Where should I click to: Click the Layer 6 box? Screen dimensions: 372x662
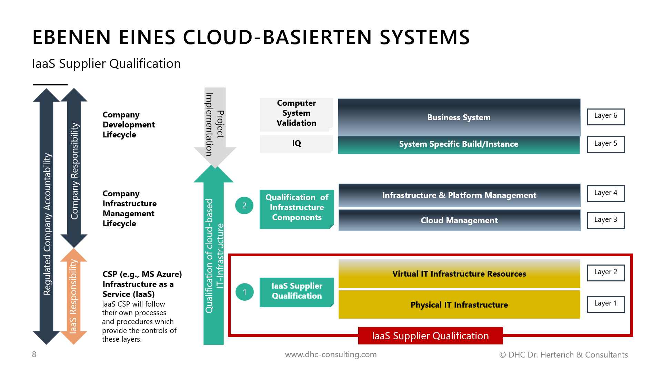click(x=606, y=117)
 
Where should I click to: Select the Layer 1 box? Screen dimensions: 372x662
click(x=606, y=304)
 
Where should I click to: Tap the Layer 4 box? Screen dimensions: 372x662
click(x=606, y=194)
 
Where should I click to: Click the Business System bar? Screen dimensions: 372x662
click(x=459, y=117)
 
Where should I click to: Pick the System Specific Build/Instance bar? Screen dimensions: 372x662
click(x=459, y=145)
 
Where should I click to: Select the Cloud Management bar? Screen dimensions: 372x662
click(x=459, y=220)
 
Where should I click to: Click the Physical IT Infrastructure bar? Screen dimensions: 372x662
click(x=459, y=305)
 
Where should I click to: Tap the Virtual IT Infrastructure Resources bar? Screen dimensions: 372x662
click(x=459, y=274)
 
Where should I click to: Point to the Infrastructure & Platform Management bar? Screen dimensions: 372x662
click(x=459, y=195)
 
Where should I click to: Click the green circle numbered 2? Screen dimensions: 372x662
click(x=244, y=206)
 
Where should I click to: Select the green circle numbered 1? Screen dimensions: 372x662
click(x=244, y=292)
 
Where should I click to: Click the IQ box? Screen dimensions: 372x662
click(x=296, y=144)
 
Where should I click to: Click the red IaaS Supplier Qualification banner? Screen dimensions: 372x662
click(x=430, y=336)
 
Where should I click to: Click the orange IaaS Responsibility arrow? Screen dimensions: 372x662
click(x=73, y=296)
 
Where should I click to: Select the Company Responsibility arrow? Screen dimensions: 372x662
click(x=74, y=169)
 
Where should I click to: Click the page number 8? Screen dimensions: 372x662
click(x=34, y=354)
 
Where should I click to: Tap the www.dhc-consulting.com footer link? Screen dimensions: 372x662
click(x=331, y=354)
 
